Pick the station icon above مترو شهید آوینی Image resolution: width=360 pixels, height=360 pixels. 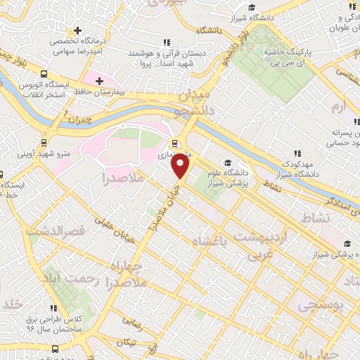[x=44, y=141]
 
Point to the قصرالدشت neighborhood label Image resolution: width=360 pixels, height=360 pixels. [x=56, y=230]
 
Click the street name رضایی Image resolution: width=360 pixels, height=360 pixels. [x=133, y=323]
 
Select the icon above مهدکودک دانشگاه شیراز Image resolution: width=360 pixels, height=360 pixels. [x=297, y=152]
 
